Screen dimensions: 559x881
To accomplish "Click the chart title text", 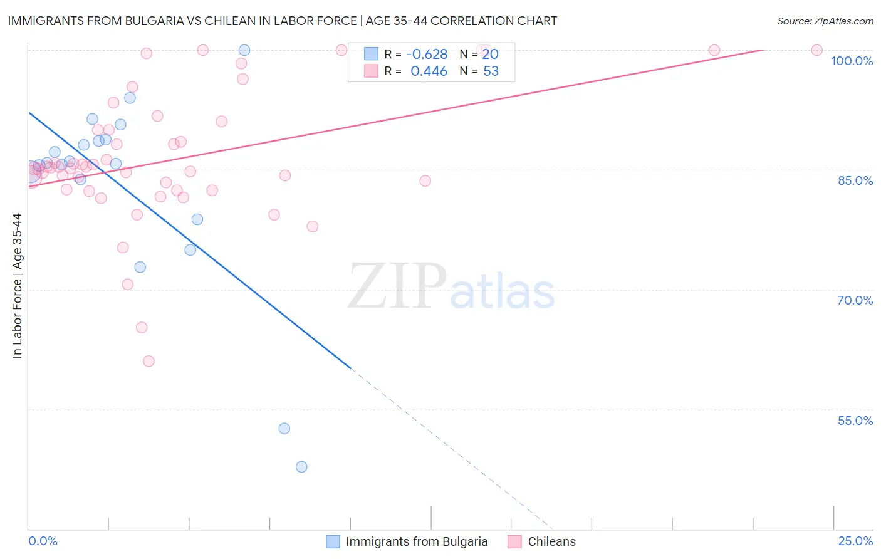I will click(x=282, y=21).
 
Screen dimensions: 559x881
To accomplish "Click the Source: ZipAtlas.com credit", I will click(x=825, y=21).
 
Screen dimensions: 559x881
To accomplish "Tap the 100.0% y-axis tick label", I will click(x=852, y=61).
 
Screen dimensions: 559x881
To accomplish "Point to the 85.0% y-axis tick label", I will click(x=855, y=180).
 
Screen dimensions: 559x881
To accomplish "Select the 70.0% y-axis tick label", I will click(x=855, y=300).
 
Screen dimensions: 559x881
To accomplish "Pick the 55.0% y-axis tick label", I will click(x=855, y=421).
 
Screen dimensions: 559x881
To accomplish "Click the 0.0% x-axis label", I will click(x=43, y=541).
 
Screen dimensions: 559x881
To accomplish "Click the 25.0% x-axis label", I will click(x=855, y=541).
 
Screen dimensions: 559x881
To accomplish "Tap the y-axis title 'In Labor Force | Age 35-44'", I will click(x=17, y=286).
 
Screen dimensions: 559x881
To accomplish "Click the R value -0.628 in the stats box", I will click(x=426, y=55).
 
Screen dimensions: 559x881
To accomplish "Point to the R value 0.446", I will click(x=429, y=71).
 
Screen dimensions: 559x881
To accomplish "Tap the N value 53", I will click(x=491, y=71).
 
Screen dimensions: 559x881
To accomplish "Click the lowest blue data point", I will click(x=301, y=467).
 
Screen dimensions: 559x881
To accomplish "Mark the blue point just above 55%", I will click(x=284, y=429).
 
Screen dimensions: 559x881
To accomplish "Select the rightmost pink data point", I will click(x=816, y=50).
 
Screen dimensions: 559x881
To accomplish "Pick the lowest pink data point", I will click(x=149, y=361).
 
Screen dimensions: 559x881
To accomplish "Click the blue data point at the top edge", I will click(x=244, y=50).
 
